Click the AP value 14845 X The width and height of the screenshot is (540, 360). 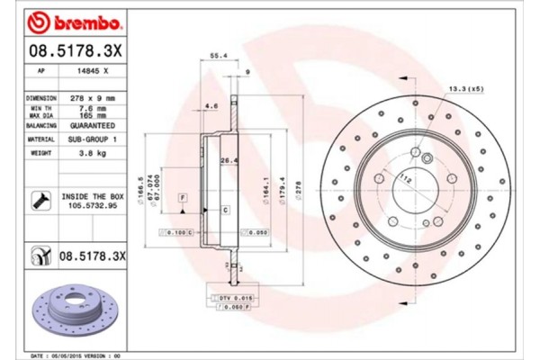click(94, 71)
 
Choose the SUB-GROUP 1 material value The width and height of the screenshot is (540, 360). click(95, 140)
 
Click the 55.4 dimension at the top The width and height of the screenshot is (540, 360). click(216, 55)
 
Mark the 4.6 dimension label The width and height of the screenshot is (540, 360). click(211, 106)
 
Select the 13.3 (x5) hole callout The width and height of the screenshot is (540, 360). click(465, 87)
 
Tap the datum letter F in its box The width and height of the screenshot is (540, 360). click(183, 195)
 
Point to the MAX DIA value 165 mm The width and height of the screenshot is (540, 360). click(95, 115)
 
